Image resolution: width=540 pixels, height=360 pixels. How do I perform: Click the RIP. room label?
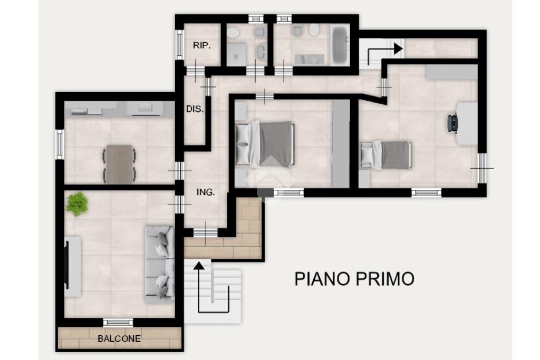(x=201, y=45)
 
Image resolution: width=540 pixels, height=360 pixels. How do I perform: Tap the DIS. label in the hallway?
(x=195, y=109)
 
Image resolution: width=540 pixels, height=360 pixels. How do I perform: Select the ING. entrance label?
(x=206, y=192)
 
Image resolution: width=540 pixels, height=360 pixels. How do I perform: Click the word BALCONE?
(x=119, y=339)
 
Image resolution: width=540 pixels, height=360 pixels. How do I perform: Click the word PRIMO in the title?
(x=384, y=279)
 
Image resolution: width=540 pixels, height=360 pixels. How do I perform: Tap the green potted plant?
(x=77, y=204)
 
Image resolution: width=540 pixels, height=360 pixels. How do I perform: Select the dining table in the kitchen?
(x=119, y=164)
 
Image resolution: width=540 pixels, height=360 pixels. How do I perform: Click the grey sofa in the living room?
(x=159, y=264)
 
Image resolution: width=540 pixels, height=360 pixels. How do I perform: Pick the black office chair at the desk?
(x=453, y=123)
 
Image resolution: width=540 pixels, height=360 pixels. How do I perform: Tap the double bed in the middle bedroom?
(x=265, y=144)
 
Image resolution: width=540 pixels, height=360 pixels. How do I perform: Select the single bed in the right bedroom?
(x=386, y=155)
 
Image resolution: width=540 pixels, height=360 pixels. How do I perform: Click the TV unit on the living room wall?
(x=73, y=267)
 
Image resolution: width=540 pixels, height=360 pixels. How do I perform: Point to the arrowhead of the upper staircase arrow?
(x=399, y=48)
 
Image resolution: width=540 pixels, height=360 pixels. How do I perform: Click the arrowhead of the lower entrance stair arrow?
(x=198, y=266)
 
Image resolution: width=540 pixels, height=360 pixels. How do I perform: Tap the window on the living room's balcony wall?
(x=118, y=323)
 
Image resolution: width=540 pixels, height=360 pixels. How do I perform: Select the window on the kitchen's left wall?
(x=60, y=144)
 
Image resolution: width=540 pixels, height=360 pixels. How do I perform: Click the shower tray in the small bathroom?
(x=236, y=54)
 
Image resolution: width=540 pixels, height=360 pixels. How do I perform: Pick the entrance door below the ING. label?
(x=206, y=233)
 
